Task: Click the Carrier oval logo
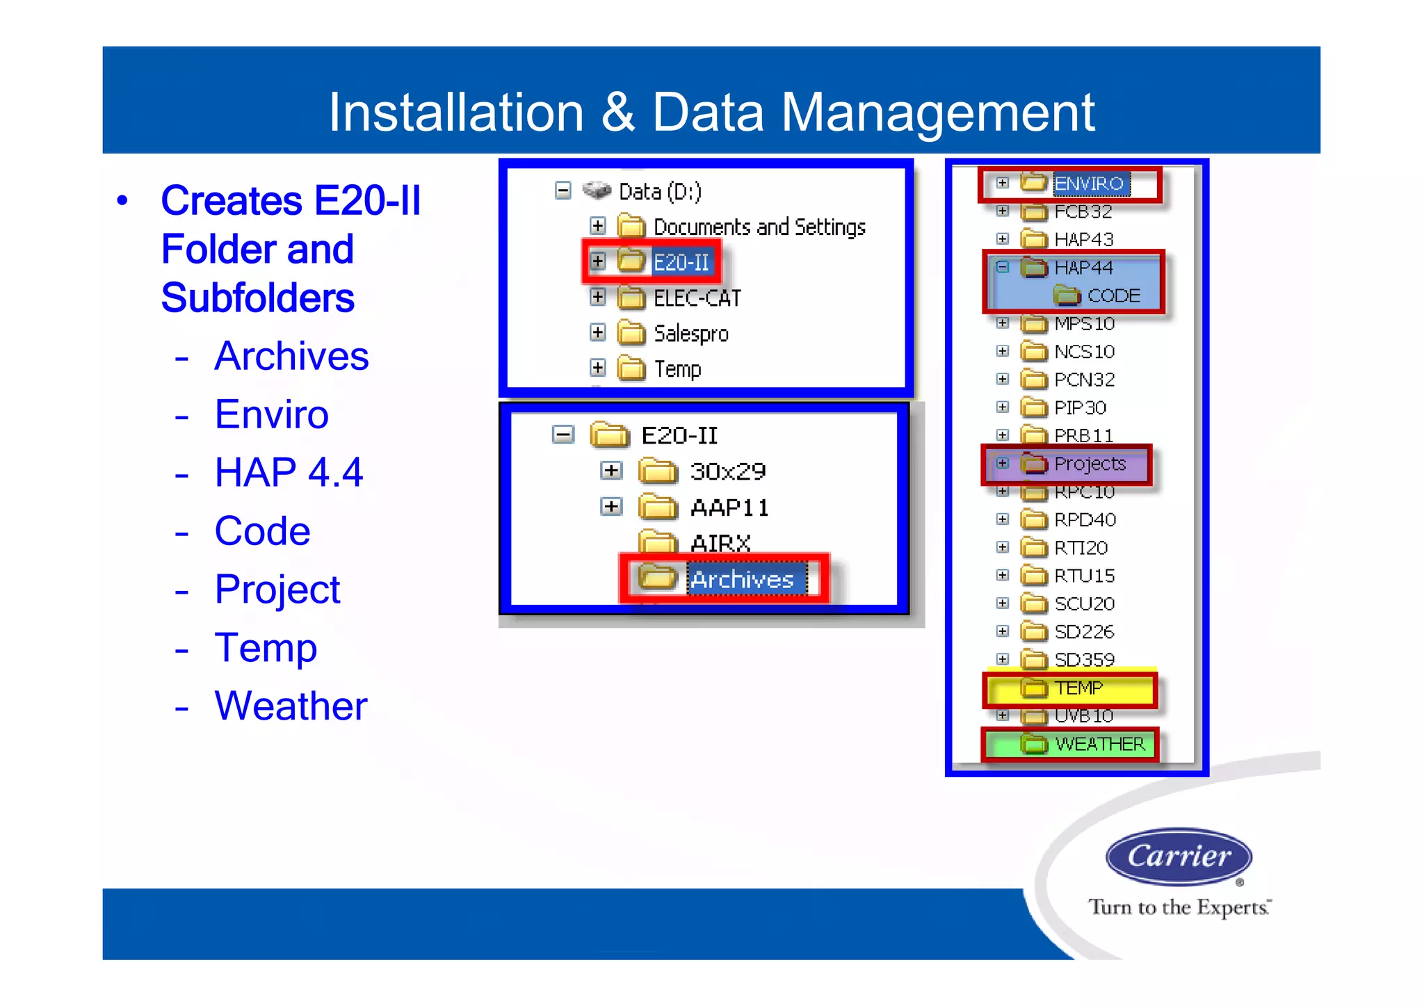click(x=1178, y=857)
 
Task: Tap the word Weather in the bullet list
click(x=291, y=706)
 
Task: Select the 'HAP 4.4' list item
click(x=289, y=473)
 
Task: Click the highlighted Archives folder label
click(x=741, y=579)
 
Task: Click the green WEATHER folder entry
click(x=1099, y=745)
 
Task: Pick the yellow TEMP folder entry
click(x=1078, y=688)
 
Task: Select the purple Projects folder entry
click(x=1089, y=464)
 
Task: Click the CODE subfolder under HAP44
click(x=1113, y=296)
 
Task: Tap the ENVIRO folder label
click(x=1089, y=184)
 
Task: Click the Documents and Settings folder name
click(x=759, y=227)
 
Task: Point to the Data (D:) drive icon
click(x=596, y=190)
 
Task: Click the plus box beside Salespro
click(x=597, y=332)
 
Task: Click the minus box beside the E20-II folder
click(x=563, y=435)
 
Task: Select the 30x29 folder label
click(x=727, y=472)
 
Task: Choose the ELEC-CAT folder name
click(x=697, y=298)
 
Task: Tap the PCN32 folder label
click(x=1084, y=380)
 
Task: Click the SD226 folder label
click(x=1083, y=632)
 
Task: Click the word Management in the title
click(x=937, y=113)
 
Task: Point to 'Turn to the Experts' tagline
click(x=1179, y=907)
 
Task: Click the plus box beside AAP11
click(x=610, y=507)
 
